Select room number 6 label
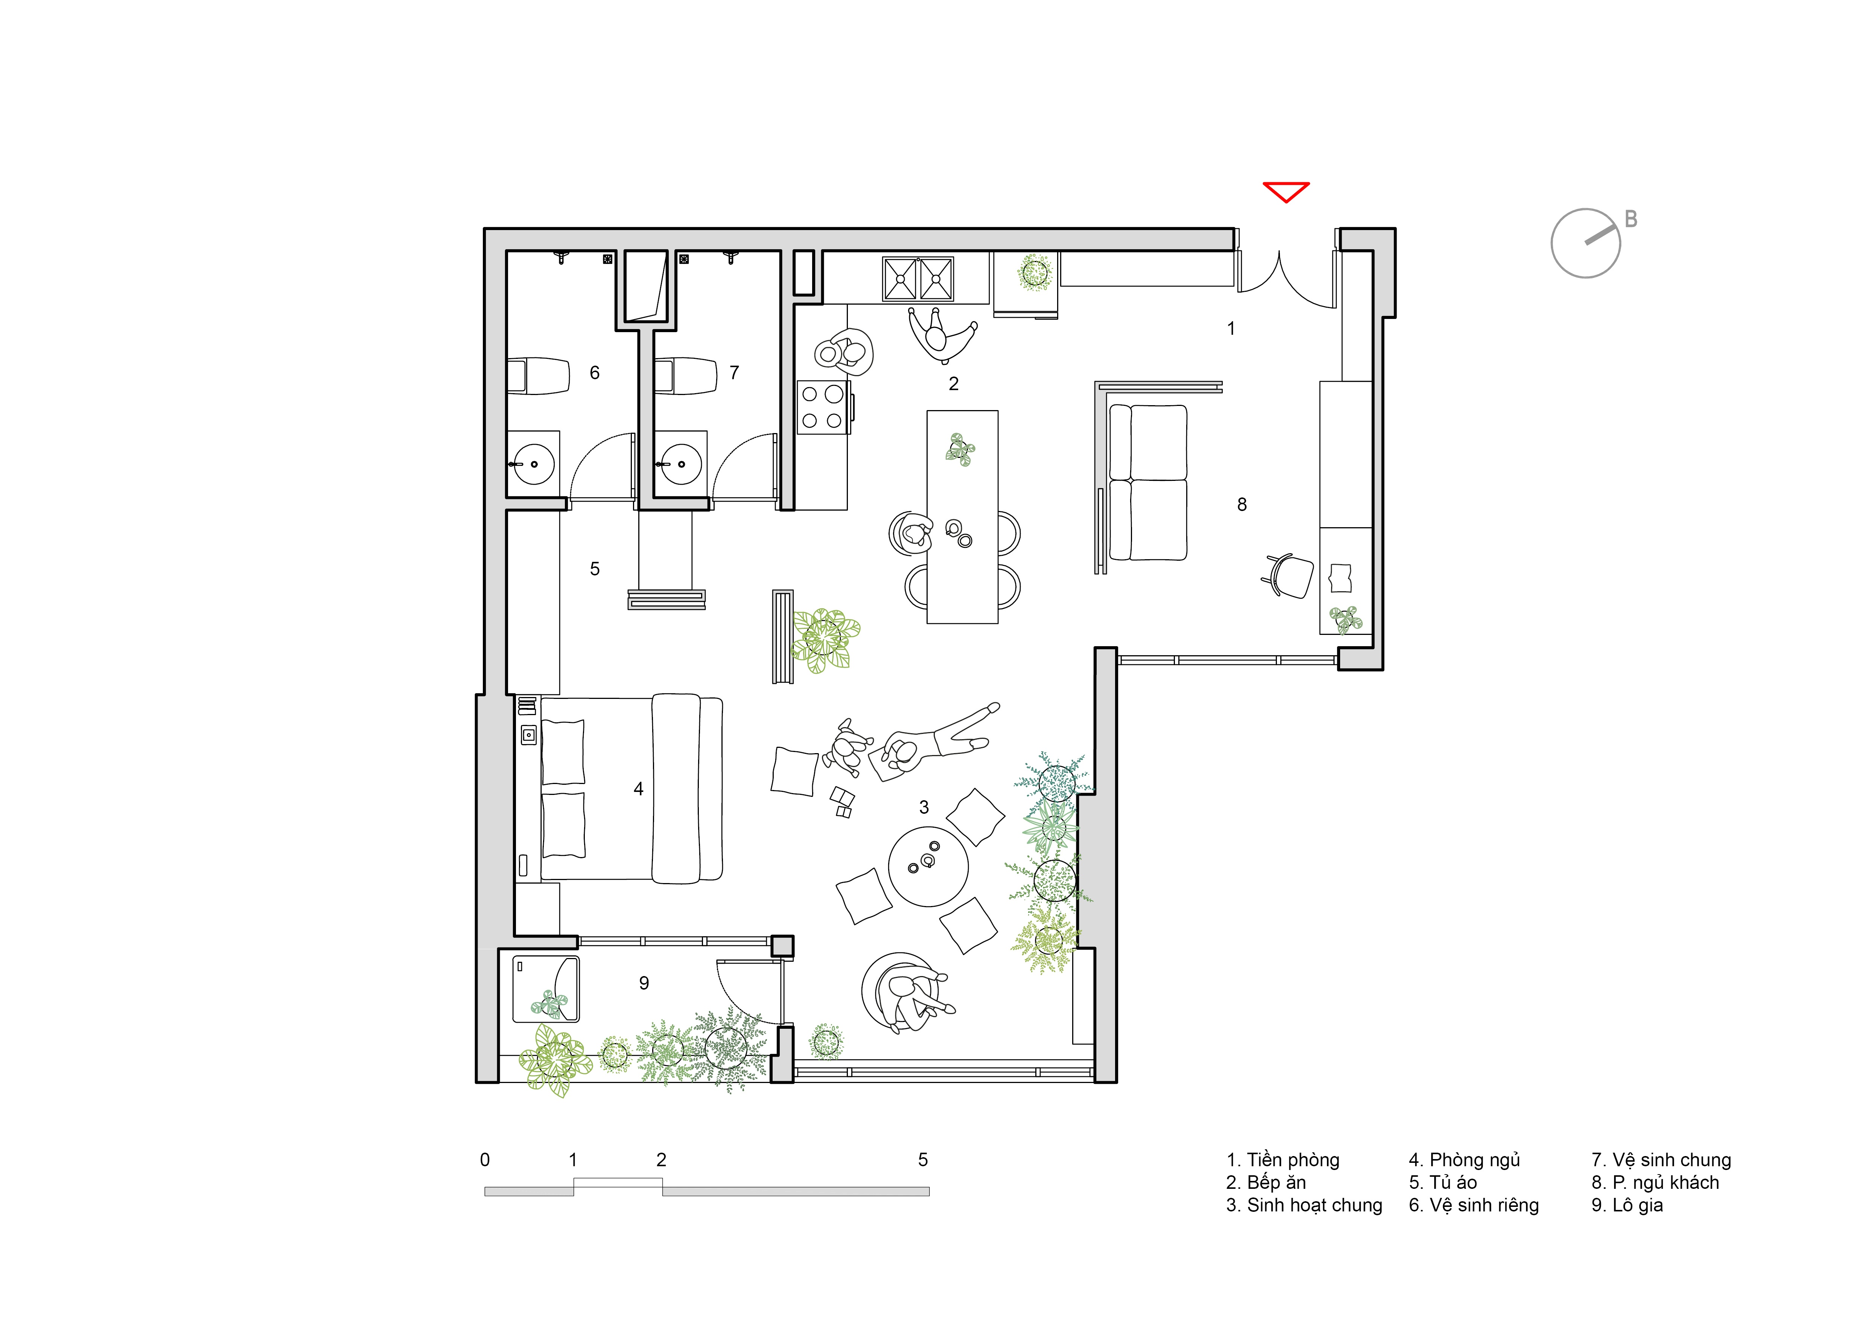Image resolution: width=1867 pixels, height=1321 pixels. click(x=594, y=372)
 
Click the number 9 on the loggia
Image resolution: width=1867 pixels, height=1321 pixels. click(x=644, y=982)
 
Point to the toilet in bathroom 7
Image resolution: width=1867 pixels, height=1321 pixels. click(x=685, y=376)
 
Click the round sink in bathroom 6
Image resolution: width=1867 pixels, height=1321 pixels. click(x=534, y=464)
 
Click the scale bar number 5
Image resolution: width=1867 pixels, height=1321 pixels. click(x=923, y=1159)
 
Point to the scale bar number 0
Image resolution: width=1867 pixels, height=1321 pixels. click(x=485, y=1159)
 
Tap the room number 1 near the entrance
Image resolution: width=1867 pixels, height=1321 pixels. click(x=1231, y=328)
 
